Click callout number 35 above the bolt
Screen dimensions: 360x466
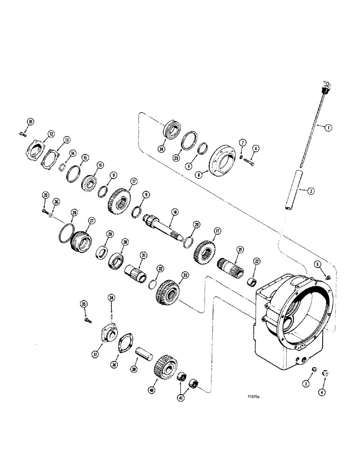[84, 305]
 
